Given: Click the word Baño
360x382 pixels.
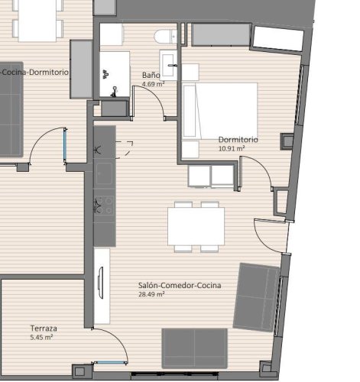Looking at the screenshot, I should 151,76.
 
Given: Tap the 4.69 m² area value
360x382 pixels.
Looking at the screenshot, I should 153,85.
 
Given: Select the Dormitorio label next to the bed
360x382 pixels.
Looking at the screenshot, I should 238,141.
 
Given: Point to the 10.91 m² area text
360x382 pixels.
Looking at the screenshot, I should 232,149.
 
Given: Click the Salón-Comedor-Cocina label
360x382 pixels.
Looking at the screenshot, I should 180,285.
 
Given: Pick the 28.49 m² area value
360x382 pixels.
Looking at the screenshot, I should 151,294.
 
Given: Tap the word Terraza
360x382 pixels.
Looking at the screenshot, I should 44,328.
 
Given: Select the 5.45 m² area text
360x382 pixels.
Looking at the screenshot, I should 41,337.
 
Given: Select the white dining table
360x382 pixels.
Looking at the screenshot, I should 196,226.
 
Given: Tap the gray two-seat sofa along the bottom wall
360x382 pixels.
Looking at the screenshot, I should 195,348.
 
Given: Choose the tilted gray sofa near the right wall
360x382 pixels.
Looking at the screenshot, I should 258,298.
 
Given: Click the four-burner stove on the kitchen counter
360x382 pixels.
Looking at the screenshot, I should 104,205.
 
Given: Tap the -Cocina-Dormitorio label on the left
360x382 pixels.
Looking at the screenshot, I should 35,71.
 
